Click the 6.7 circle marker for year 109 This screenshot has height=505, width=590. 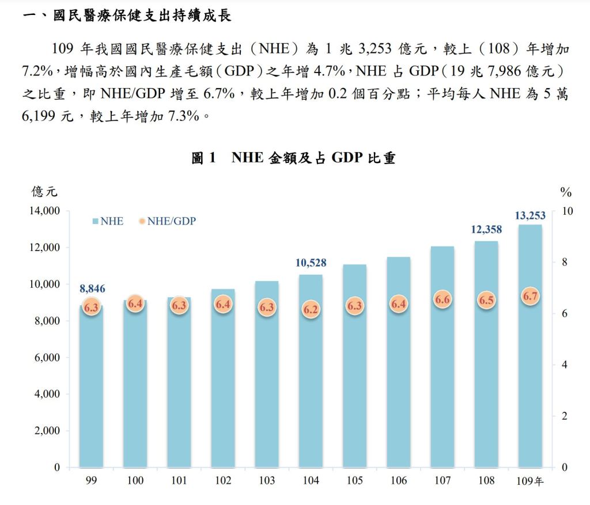530,297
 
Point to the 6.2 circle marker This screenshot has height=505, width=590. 311,309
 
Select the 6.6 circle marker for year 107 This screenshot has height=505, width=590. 442,299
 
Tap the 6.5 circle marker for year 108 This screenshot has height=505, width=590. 486,301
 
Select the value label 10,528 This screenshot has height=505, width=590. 311,263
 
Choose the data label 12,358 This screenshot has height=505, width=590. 486,229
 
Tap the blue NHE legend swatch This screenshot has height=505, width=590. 95,221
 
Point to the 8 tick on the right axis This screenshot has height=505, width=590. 564,263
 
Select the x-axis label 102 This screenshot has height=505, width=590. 223,481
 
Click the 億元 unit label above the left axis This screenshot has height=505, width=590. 44,192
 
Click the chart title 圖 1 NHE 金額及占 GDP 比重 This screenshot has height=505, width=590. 294,158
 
